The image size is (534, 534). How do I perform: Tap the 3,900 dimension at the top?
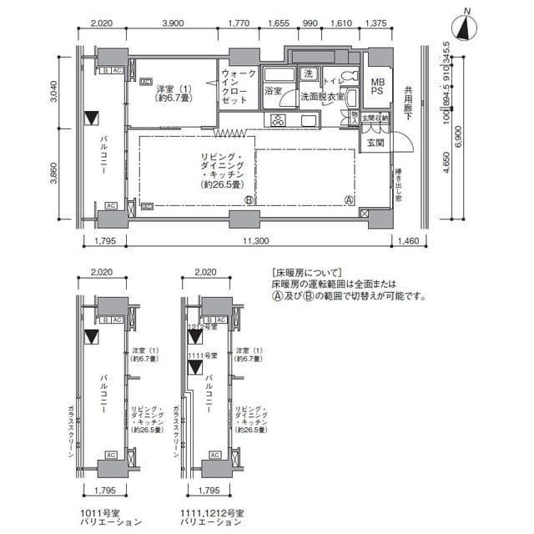(172, 24)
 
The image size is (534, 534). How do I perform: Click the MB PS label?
(378, 86)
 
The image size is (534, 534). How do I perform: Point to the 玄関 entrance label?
(375, 143)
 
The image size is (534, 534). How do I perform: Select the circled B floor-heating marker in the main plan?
(249, 200)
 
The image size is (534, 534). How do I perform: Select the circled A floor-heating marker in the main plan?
(349, 199)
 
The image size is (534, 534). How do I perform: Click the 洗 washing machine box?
(308, 74)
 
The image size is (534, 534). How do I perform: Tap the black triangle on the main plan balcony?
(93, 118)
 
